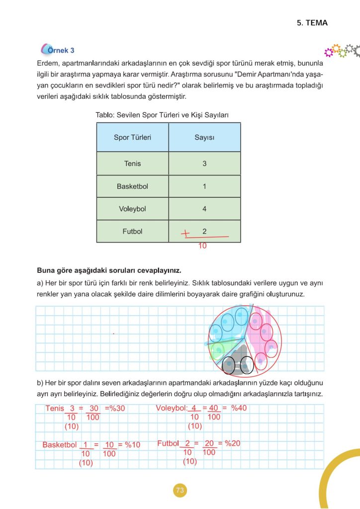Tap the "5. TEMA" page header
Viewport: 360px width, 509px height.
pyautogui.click(x=312, y=23)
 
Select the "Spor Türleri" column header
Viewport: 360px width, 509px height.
pyautogui.click(x=132, y=138)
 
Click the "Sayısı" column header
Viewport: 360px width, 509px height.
pyautogui.click(x=204, y=138)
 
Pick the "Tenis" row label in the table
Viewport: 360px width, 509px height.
pyautogui.click(x=132, y=164)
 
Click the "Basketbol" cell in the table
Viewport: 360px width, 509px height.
pyautogui.click(x=132, y=186)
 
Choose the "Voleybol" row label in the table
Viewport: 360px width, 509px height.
pyautogui.click(x=132, y=209)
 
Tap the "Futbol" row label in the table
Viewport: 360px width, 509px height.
pyautogui.click(x=132, y=232)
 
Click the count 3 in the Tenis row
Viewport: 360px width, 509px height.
pyautogui.click(x=204, y=164)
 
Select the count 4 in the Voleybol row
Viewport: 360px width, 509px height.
pyautogui.click(x=204, y=209)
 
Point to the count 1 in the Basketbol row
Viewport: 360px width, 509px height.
pyautogui.click(x=204, y=186)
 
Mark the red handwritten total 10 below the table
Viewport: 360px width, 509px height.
pyautogui.click(x=202, y=246)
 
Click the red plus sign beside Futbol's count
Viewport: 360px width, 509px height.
pyautogui.click(x=186, y=233)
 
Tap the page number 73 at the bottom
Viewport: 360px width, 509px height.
pyautogui.click(x=180, y=491)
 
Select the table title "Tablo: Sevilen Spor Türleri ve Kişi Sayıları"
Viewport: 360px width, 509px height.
pyautogui.click(x=162, y=115)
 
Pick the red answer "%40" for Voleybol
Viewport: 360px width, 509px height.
pyautogui.click(x=239, y=408)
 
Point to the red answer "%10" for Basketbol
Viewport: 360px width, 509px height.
pyautogui.click(x=132, y=445)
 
